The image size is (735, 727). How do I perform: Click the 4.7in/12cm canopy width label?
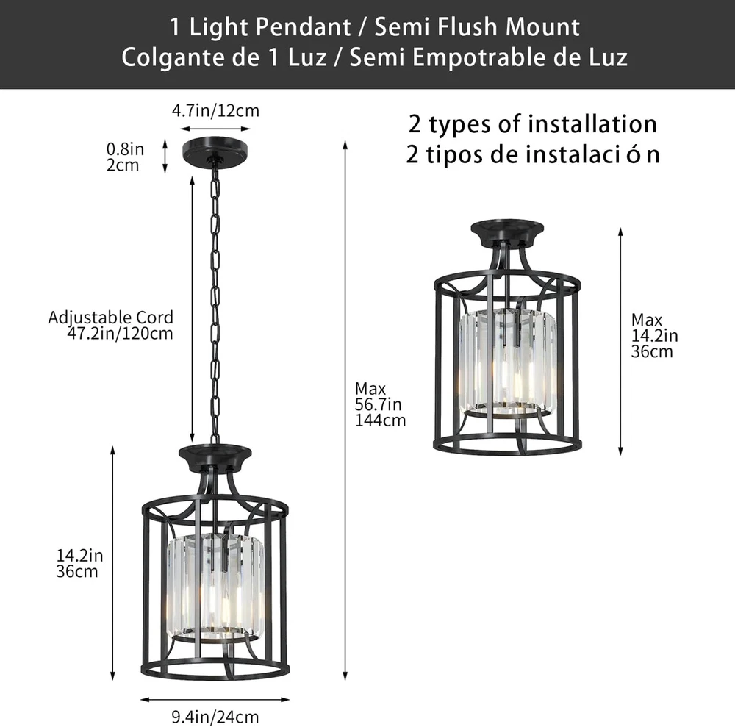click(x=215, y=110)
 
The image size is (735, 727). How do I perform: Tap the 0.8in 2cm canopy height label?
click(x=125, y=157)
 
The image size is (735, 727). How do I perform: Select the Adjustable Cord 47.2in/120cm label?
click(x=111, y=326)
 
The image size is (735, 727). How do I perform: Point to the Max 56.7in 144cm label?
click(x=380, y=404)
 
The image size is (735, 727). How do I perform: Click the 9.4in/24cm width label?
click(x=215, y=717)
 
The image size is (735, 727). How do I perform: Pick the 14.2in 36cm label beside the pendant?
click(x=79, y=563)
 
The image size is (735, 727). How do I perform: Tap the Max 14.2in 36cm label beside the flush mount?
click(x=654, y=336)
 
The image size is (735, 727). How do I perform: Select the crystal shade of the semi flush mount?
click(x=507, y=362)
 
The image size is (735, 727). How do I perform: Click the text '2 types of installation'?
click(x=533, y=124)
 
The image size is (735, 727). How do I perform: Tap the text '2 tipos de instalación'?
click(x=533, y=154)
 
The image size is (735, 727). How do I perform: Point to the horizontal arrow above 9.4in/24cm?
click(x=215, y=700)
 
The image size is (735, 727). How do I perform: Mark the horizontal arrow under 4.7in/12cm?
click(x=215, y=129)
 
